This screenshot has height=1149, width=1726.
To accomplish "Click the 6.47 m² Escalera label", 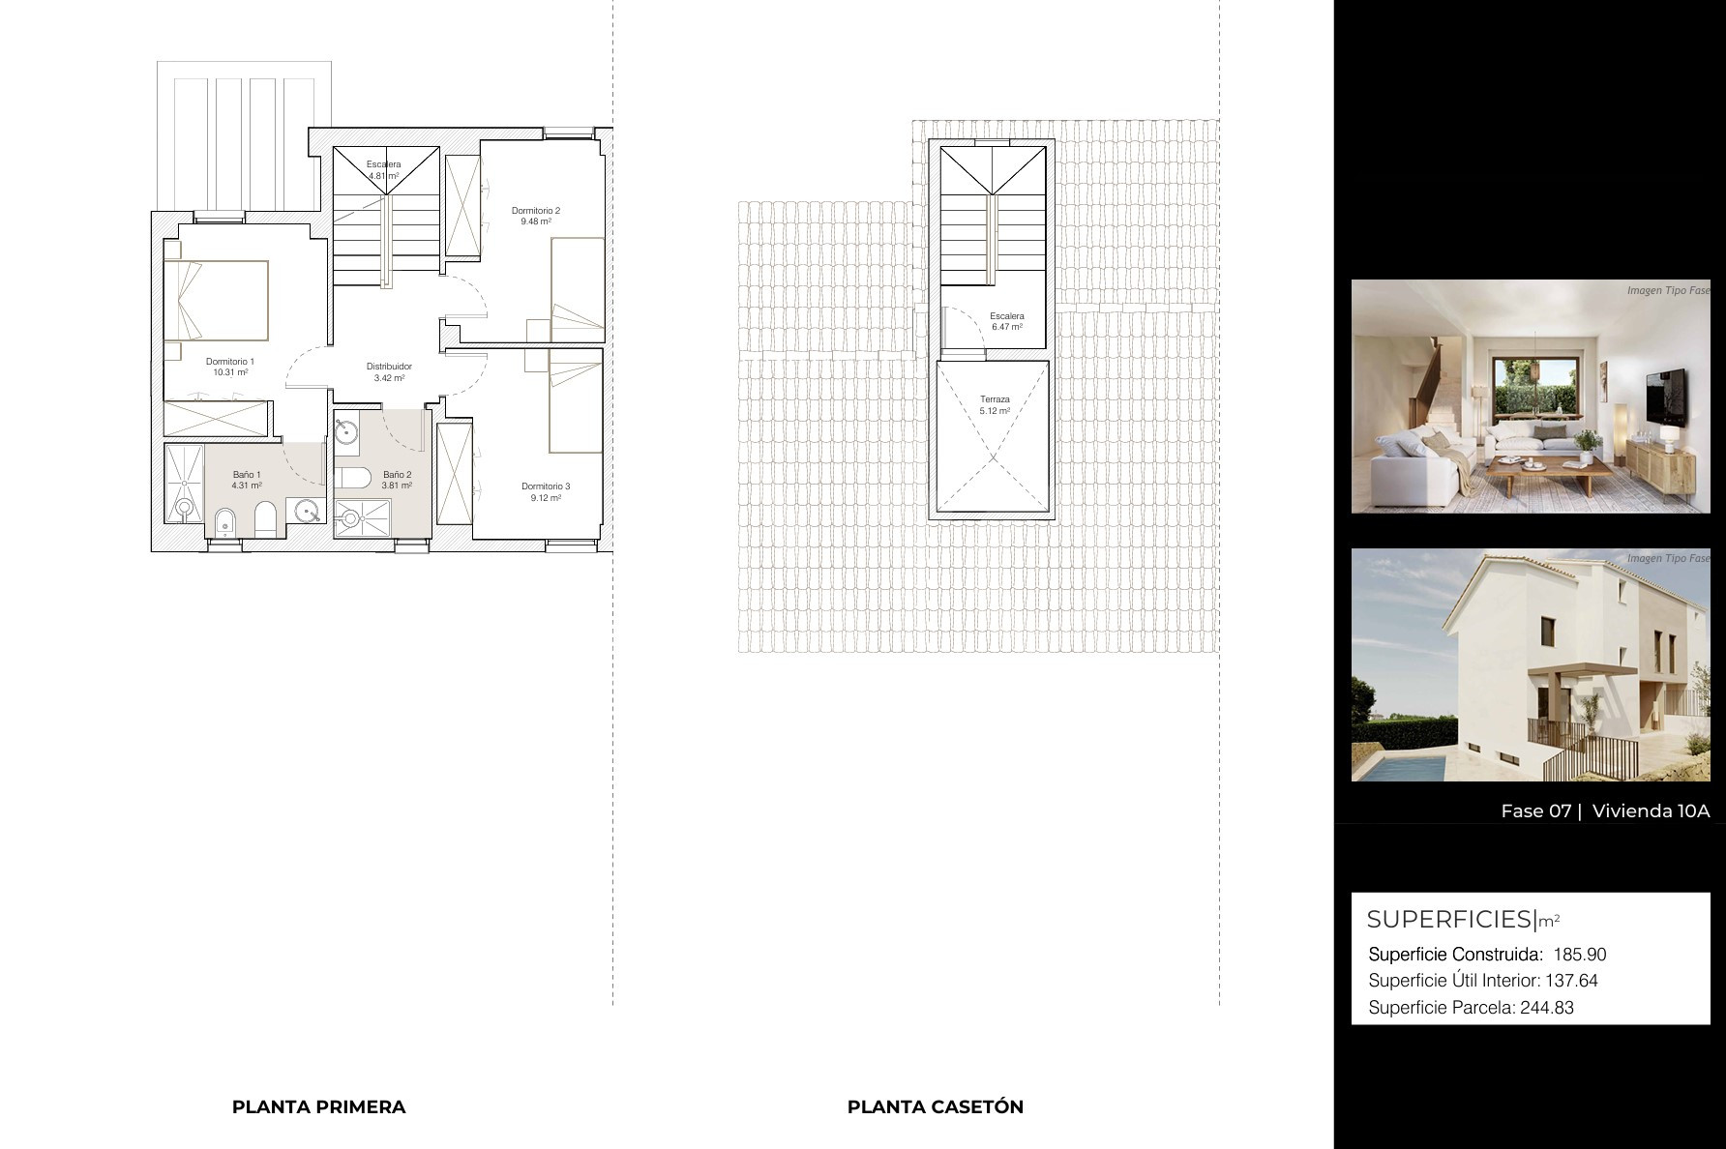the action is [1007, 321].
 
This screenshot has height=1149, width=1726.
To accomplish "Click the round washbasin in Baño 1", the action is [309, 511].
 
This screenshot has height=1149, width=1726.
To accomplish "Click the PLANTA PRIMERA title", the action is [318, 1107].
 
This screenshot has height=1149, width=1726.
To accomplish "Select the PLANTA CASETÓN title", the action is [936, 1107].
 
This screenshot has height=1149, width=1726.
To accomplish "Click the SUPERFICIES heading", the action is [1450, 919].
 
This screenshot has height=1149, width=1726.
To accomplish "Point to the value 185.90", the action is [1580, 955].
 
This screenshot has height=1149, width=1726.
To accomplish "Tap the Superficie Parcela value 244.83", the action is [1547, 1008].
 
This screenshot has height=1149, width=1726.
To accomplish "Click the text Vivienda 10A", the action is [1651, 811].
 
